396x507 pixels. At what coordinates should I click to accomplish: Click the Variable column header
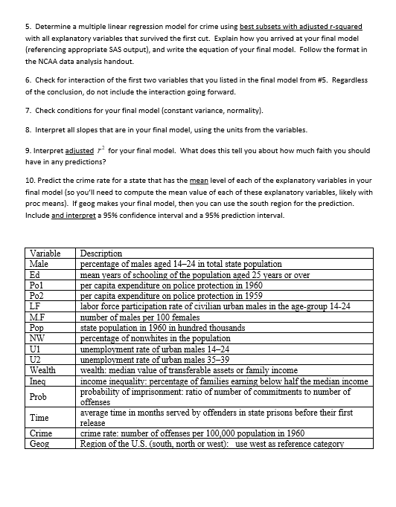point(45,253)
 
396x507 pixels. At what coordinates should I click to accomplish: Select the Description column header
point(100,253)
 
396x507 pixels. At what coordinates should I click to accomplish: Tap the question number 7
point(28,111)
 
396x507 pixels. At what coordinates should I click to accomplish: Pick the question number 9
point(28,150)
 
